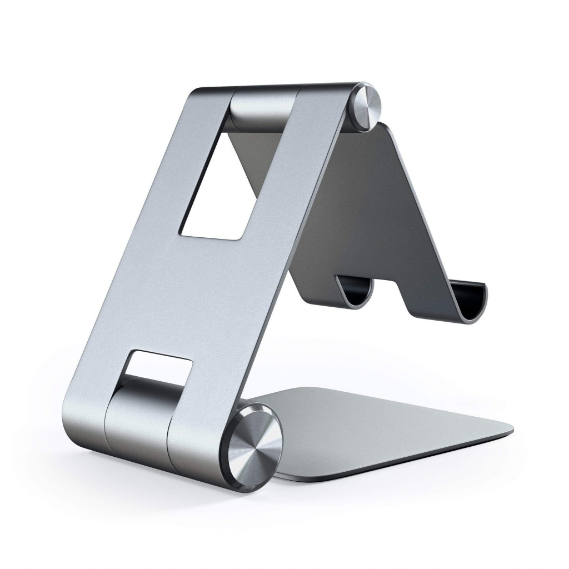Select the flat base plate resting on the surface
coord(383,428)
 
